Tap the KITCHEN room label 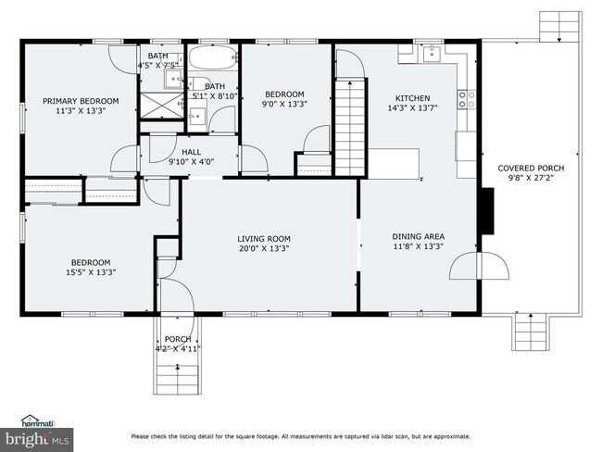pos(412,97)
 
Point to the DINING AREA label pos(418,235)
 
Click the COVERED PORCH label pos(531,168)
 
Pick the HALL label pos(191,152)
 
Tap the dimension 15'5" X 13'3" pos(92,272)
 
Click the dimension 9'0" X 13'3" pos(284,105)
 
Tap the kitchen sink pos(433,54)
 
